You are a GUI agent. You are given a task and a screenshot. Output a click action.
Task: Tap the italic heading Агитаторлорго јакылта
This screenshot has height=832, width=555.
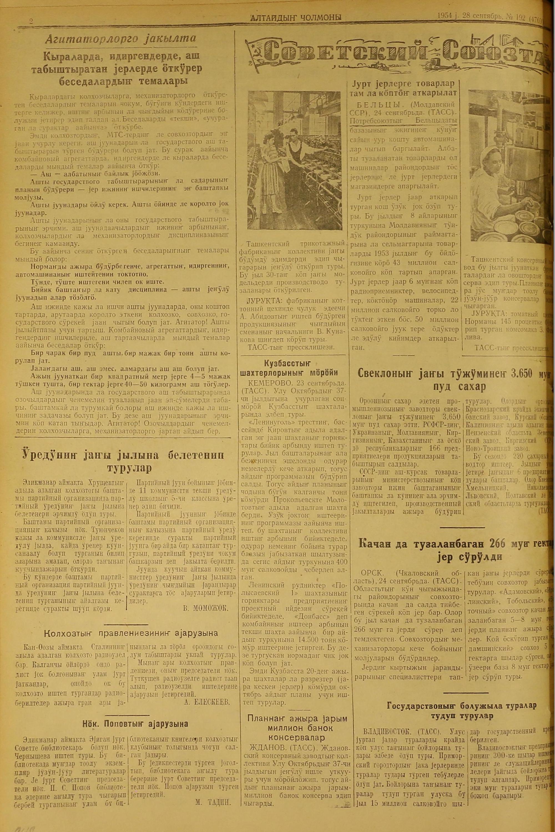120,40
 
